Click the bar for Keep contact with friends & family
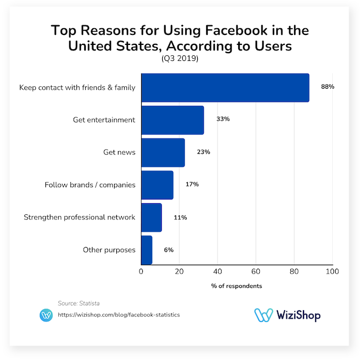point(225,88)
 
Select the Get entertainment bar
point(172,120)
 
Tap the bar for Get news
point(163,152)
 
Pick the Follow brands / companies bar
point(157,185)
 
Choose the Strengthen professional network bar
point(151,217)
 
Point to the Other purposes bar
point(147,250)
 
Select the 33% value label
point(223,119)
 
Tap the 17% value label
point(192,184)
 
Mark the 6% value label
point(168,250)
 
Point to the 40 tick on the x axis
point(218,272)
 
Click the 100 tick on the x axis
point(332,272)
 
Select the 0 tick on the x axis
point(141,272)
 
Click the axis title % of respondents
point(236,286)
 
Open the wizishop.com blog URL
point(119,315)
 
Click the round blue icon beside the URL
point(46,315)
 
